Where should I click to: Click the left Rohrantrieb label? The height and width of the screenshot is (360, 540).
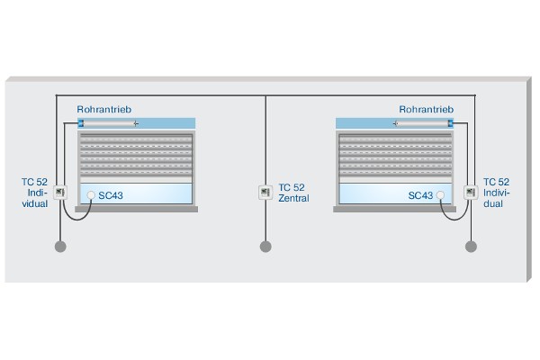click(x=104, y=110)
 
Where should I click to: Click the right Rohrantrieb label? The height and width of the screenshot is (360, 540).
click(x=427, y=110)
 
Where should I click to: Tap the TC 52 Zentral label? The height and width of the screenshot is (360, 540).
click(x=293, y=193)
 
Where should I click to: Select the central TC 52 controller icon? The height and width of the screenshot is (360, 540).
click(x=265, y=193)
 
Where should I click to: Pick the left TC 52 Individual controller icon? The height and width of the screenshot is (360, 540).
click(x=60, y=193)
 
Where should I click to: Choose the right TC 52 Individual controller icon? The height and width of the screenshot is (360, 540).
click(x=471, y=193)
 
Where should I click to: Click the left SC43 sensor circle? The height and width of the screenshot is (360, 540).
click(x=91, y=195)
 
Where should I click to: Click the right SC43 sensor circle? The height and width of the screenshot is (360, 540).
click(x=440, y=195)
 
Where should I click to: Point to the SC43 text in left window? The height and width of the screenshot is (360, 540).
click(x=111, y=195)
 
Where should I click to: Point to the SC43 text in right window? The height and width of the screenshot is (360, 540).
click(x=420, y=195)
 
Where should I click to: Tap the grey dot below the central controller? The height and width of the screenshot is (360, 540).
click(x=265, y=247)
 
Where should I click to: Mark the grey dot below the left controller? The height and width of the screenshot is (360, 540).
click(x=60, y=247)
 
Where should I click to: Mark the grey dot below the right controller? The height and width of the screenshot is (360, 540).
click(x=471, y=247)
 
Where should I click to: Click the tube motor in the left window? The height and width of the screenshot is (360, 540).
click(x=108, y=123)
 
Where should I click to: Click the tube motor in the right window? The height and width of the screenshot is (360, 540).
click(x=423, y=123)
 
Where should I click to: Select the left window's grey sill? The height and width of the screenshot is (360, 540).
click(x=137, y=209)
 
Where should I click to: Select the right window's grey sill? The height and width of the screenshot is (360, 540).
click(x=395, y=209)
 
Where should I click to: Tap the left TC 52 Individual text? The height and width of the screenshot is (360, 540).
click(x=34, y=193)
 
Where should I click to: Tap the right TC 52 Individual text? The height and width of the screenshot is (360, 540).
click(x=496, y=193)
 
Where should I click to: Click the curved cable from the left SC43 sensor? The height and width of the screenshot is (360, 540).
click(x=76, y=220)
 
